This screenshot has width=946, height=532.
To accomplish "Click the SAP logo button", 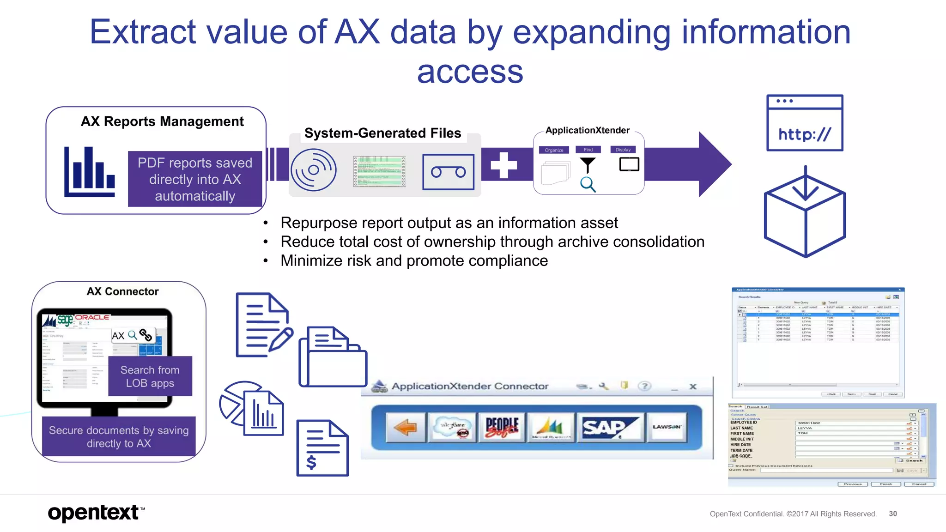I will [609, 427].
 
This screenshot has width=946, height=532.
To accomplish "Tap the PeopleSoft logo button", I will [502, 427].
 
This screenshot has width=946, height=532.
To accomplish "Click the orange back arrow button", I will [405, 427].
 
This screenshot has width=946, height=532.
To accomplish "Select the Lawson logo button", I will [666, 427].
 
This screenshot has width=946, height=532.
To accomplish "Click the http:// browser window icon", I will [804, 123].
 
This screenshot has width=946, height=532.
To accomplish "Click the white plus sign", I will [503, 165].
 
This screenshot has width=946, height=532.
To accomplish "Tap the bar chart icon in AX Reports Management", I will [89, 172].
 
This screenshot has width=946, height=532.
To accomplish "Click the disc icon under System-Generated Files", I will [314, 170].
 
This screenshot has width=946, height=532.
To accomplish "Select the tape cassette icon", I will [448, 172].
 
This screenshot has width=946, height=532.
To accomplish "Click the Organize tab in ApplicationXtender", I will [554, 150].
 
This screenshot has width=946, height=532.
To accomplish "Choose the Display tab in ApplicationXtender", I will [623, 150].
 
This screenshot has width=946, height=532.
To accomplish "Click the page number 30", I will [892, 514].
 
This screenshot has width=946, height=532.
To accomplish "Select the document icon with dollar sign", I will [322, 448].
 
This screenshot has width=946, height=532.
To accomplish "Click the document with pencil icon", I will [263, 325].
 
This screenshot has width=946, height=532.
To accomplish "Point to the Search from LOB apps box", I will [150, 376].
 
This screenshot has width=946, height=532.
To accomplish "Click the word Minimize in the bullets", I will [312, 261].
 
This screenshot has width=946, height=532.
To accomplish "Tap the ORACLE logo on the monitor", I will [92, 317].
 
